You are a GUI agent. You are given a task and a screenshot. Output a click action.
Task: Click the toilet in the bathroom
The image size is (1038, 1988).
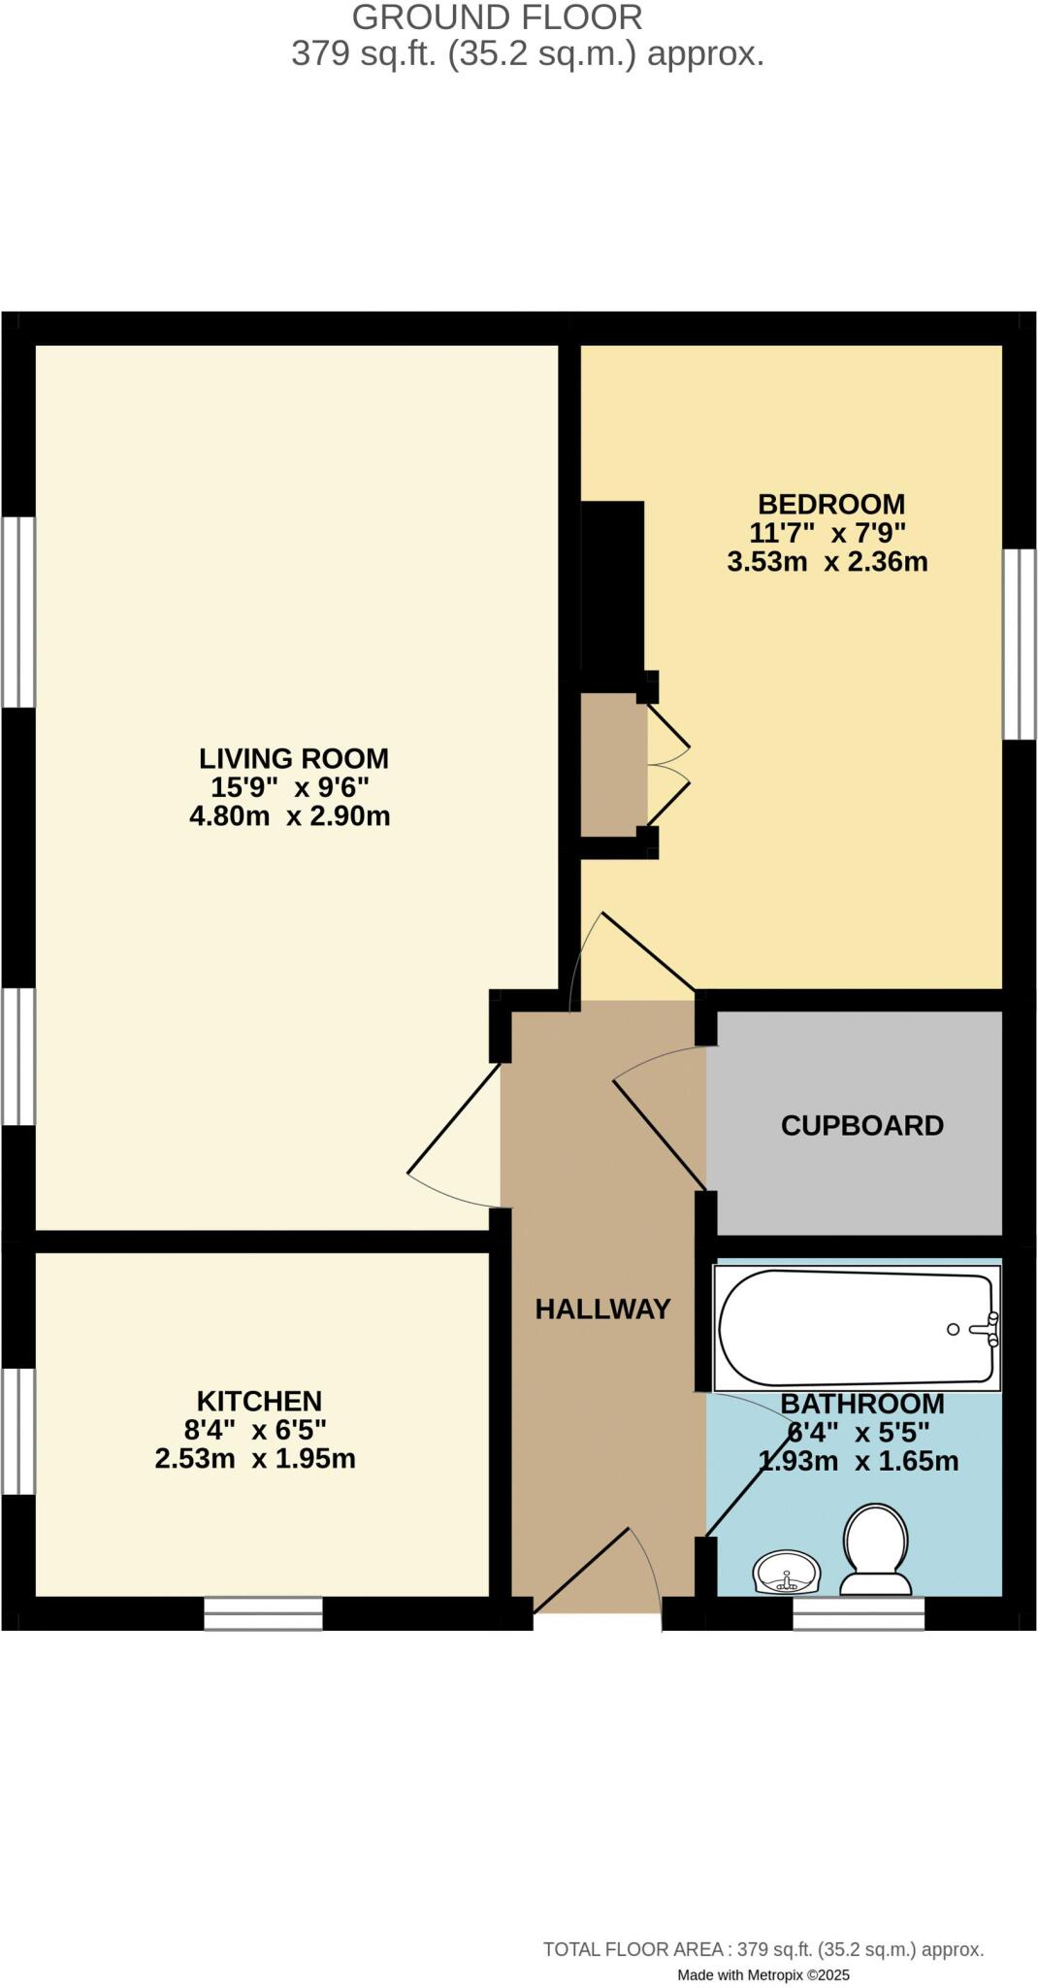coord(876,1547)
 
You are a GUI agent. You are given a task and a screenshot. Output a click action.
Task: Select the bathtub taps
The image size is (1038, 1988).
coord(989,1329)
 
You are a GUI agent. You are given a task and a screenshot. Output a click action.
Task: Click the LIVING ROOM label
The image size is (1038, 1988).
coord(293,758)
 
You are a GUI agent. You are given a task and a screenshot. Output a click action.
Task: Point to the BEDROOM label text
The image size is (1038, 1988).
coord(830,505)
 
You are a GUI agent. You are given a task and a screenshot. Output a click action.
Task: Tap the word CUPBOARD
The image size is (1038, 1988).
coord(861,1126)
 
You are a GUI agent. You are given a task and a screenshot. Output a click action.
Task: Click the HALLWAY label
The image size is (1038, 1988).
coord(602,1309)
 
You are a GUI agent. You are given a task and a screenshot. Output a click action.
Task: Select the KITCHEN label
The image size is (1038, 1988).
coord(259,1401)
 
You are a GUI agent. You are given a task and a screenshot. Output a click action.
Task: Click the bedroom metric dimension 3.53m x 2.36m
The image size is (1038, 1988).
coord(827,562)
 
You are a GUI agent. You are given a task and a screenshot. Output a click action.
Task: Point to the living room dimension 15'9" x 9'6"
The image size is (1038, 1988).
coord(290,787)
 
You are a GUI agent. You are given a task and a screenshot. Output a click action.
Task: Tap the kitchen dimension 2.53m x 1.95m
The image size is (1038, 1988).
coord(255,1459)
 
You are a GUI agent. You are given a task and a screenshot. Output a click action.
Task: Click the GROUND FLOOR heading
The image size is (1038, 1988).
coord(497,17)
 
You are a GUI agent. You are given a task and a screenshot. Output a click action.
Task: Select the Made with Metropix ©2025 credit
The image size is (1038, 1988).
coord(762,1974)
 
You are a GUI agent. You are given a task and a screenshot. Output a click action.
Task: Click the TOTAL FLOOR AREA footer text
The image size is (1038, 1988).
coord(762,1949)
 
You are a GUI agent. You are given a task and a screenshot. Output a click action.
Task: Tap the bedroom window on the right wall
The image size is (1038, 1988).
coord(1019,645)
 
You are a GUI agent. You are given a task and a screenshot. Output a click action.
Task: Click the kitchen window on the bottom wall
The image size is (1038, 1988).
coord(263,1613)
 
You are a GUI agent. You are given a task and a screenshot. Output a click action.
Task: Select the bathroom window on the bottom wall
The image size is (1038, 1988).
coord(858,1613)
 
